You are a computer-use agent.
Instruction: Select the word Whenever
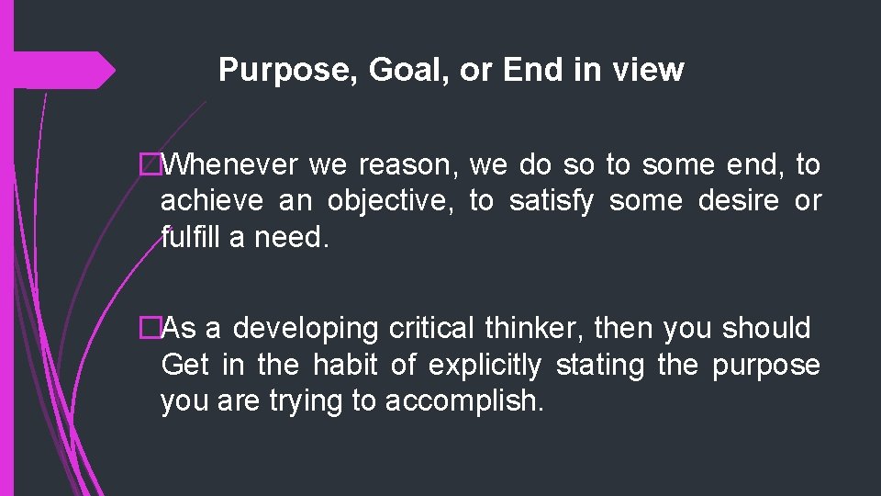(x=235, y=165)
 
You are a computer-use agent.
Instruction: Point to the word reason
(x=410, y=165)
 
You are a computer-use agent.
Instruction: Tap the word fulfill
(x=191, y=237)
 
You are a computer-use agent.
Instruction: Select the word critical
(x=432, y=328)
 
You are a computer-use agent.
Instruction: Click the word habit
(x=345, y=365)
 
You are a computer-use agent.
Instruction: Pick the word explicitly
(x=484, y=366)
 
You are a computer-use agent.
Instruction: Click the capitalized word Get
(x=185, y=365)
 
